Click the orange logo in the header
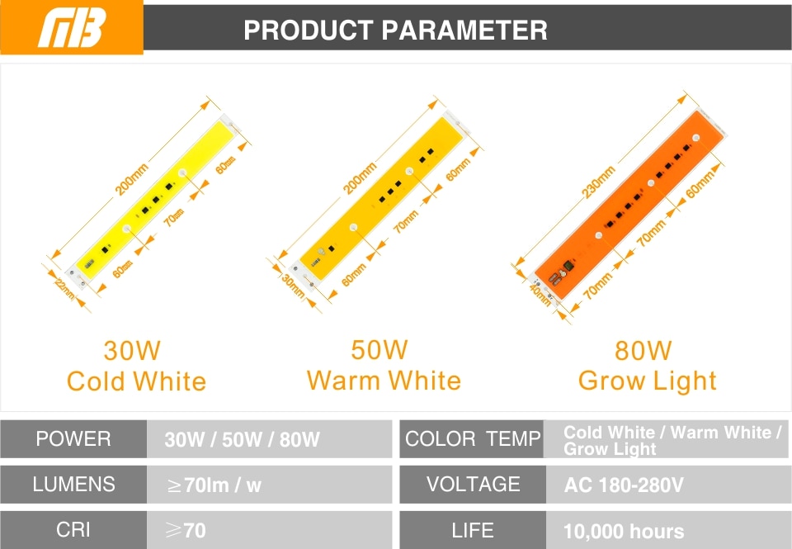[72, 27]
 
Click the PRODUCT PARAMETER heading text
[395, 31]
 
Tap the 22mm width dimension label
[64, 289]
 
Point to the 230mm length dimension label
[599, 182]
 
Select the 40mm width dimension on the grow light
[540, 296]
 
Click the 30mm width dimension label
[293, 286]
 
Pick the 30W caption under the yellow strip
[132, 350]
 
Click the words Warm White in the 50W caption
[384, 380]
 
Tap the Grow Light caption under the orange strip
[648, 381]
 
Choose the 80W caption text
[643, 350]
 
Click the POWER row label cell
[73, 439]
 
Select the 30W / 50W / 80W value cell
[269, 439]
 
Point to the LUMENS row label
[73, 485]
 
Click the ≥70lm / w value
[214, 485]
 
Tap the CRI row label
[73, 530]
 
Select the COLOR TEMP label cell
[472, 439]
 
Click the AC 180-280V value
[624, 485]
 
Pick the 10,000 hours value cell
[668, 530]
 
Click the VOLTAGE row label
[474, 485]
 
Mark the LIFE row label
[473, 530]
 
